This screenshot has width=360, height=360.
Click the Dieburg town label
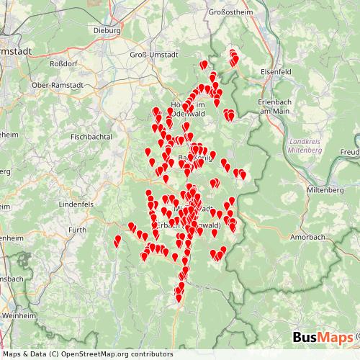pyautogui.click(x=109, y=31)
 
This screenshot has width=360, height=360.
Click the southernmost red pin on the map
pyautogui.click(x=179, y=297)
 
